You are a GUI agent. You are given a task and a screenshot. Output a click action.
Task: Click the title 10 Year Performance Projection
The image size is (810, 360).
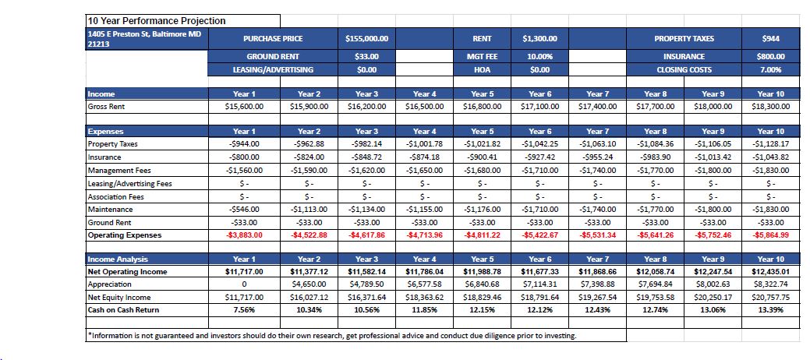tap(157, 21)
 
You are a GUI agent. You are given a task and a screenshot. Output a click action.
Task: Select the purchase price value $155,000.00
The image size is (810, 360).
tap(366, 39)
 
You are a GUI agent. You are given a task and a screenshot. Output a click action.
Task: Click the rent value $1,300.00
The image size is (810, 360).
tap(539, 39)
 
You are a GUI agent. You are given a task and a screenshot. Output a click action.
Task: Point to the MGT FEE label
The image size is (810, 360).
tap(482, 57)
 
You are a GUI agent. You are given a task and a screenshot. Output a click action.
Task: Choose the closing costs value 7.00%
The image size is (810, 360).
tap(770, 69)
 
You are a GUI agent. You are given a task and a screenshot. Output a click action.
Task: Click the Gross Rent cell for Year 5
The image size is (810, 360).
tap(482, 107)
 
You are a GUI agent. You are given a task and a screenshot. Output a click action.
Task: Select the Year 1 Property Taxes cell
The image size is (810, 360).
tap(244, 144)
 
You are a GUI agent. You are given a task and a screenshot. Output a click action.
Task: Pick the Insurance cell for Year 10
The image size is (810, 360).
tap(770, 157)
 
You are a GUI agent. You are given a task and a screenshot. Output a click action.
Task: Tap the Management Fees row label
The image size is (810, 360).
tap(119, 171)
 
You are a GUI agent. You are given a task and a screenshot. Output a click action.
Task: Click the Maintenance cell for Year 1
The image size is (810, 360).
tap(244, 209)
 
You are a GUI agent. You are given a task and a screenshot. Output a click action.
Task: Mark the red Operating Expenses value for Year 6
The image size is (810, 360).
tap(539, 235)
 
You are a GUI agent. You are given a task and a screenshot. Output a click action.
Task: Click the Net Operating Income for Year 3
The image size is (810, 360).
tap(366, 272)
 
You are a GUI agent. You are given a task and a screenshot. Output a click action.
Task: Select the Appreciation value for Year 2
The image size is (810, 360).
tap(309, 284)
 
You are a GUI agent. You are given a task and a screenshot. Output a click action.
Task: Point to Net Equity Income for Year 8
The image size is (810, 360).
tap(655, 298)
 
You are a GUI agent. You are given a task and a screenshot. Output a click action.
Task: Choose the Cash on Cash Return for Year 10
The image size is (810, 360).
tap(770, 310)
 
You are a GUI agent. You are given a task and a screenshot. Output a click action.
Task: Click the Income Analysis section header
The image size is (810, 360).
tap(118, 259)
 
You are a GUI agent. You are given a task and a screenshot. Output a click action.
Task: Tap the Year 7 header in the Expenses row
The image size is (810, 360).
tap(597, 132)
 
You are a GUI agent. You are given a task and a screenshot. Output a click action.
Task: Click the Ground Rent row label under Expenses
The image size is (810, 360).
tap(109, 223)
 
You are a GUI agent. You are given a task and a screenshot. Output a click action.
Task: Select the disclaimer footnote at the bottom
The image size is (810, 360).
tap(331, 336)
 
